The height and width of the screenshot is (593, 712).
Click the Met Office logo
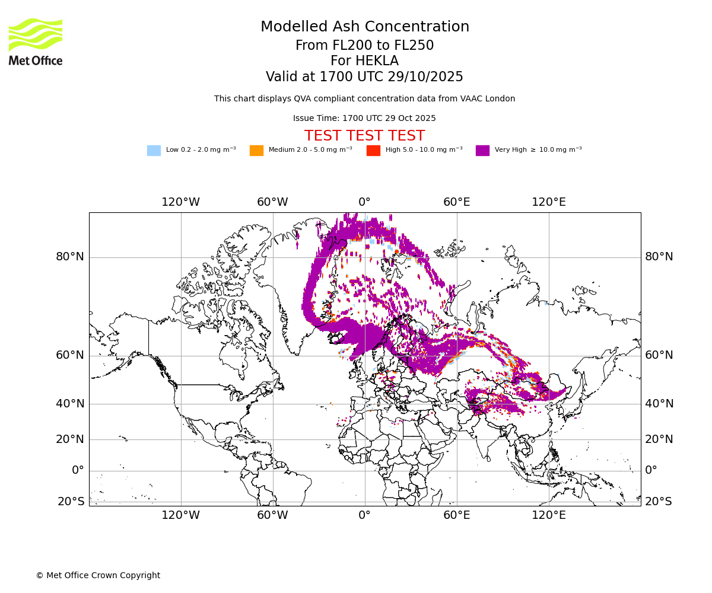coord(36,42)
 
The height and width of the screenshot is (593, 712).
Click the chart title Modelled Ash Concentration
coord(364,27)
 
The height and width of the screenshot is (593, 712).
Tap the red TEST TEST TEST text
coord(364,136)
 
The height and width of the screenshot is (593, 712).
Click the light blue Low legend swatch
coord(154,151)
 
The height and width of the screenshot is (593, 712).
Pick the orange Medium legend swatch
coord(256,151)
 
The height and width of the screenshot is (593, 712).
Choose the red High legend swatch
coord(373,151)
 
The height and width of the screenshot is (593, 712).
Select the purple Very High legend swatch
coord(482,151)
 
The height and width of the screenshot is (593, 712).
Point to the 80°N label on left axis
coord(70,257)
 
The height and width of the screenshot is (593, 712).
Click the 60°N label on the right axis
coord(659,355)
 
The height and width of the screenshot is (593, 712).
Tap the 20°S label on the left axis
coord(71,502)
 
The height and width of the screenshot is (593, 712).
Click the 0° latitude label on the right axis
coord(651,470)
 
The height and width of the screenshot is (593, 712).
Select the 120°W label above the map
coord(181,202)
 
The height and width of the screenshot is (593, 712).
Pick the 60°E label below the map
coord(456,515)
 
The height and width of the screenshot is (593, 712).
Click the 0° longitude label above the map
coord(364,202)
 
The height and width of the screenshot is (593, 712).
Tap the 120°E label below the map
coord(548,515)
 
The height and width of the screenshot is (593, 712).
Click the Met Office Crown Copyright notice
coord(98,576)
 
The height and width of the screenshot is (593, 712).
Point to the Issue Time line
coord(364,119)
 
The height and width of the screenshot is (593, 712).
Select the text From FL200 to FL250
coord(364,46)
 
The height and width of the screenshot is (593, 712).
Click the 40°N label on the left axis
coord(70,404)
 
